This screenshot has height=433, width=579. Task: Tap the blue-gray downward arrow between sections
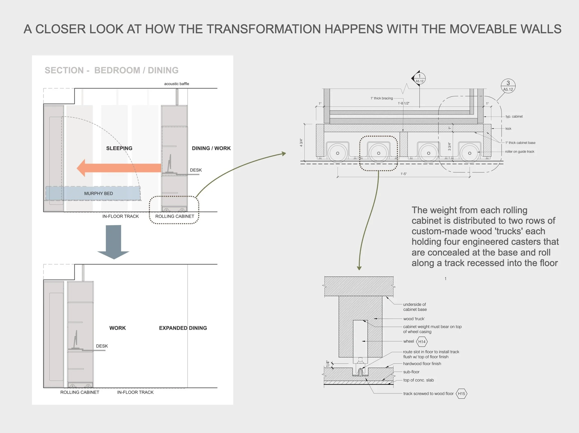pyautogui.click(x=113, y=242)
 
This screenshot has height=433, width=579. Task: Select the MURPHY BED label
pyautogui.click(x=98, y=193)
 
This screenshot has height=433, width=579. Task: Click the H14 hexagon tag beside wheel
pyautogui.click(x=422, y=342)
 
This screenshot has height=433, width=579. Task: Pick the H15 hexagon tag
pyautogui.click(x=461, y=393)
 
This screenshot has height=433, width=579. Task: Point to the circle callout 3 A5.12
pyautogui.click(x=508, y=86)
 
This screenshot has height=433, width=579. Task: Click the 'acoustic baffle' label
pyautogui.click(x=176, y=84)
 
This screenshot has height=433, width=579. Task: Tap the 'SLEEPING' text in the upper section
pyautogui.click(x=119, y=148)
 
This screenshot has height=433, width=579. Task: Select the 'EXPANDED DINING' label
pyautogui.click(x=183, y=328)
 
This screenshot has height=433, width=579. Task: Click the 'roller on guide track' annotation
pyautogui.click(x=520, y=152)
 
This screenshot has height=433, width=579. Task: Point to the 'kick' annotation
pyautogui.click(x=508, y=129)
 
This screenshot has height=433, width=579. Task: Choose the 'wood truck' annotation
pyautogui.click(x=414, y=319)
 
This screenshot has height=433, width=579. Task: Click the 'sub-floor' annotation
pyautogui.click(x=411, y=372)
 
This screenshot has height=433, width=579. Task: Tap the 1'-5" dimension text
pyautogui.click(x=404, y=174)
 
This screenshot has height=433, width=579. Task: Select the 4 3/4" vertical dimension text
pyautogui.click(x=301, y=142)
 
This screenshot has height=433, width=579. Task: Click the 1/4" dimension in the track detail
pyautogui.click(x=327, y=364)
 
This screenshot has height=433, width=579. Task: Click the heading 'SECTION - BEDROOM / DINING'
pyautogui.click(x=111, y=70)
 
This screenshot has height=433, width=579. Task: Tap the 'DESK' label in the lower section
pyautogui.click(x=102, y=346)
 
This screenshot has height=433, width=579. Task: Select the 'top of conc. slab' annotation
pyautogui.click(x=418, y=380)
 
